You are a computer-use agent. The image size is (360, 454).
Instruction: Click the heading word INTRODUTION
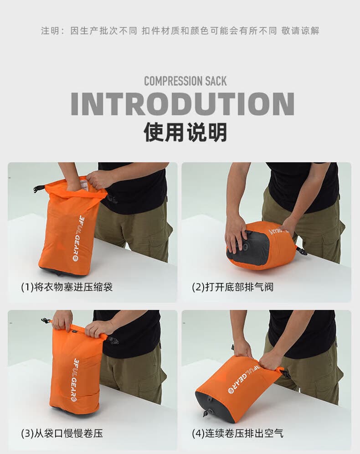[x=182, y=103]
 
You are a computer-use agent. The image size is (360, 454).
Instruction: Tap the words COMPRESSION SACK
[x=185, y=81]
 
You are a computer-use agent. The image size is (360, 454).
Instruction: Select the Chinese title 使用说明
[x=185, y=132]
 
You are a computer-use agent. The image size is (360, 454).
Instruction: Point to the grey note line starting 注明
[x=180, y=31]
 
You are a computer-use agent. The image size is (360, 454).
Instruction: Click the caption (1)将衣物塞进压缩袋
[x=67, y=287]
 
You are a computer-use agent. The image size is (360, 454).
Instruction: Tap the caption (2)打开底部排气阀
[x=233, y=287]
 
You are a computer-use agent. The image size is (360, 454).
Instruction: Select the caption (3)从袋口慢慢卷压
[x=62, y=433]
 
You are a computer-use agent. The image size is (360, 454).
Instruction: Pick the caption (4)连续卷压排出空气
[x=237, y=433]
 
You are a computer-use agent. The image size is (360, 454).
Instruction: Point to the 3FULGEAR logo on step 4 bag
[x=244, y=378]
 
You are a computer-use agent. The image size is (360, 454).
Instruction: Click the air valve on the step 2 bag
[x=247, y=247]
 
